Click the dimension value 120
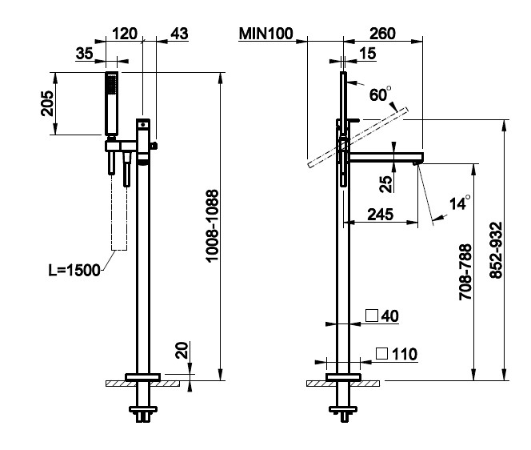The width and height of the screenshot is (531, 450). click(x=124, y=34)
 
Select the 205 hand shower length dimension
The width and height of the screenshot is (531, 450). click(x=48, y=102)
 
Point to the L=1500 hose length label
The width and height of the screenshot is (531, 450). click(x=74, y=270)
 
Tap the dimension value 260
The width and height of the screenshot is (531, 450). click(x=382, y=34)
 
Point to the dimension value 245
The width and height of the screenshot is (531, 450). click(x=380, y=215)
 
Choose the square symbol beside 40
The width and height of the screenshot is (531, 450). click(x=372, y=315)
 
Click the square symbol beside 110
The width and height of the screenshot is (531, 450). click(x=382, y=352)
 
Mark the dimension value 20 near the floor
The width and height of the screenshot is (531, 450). click(x=182, y=350)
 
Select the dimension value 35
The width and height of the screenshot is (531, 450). click(x=85, y=54)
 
